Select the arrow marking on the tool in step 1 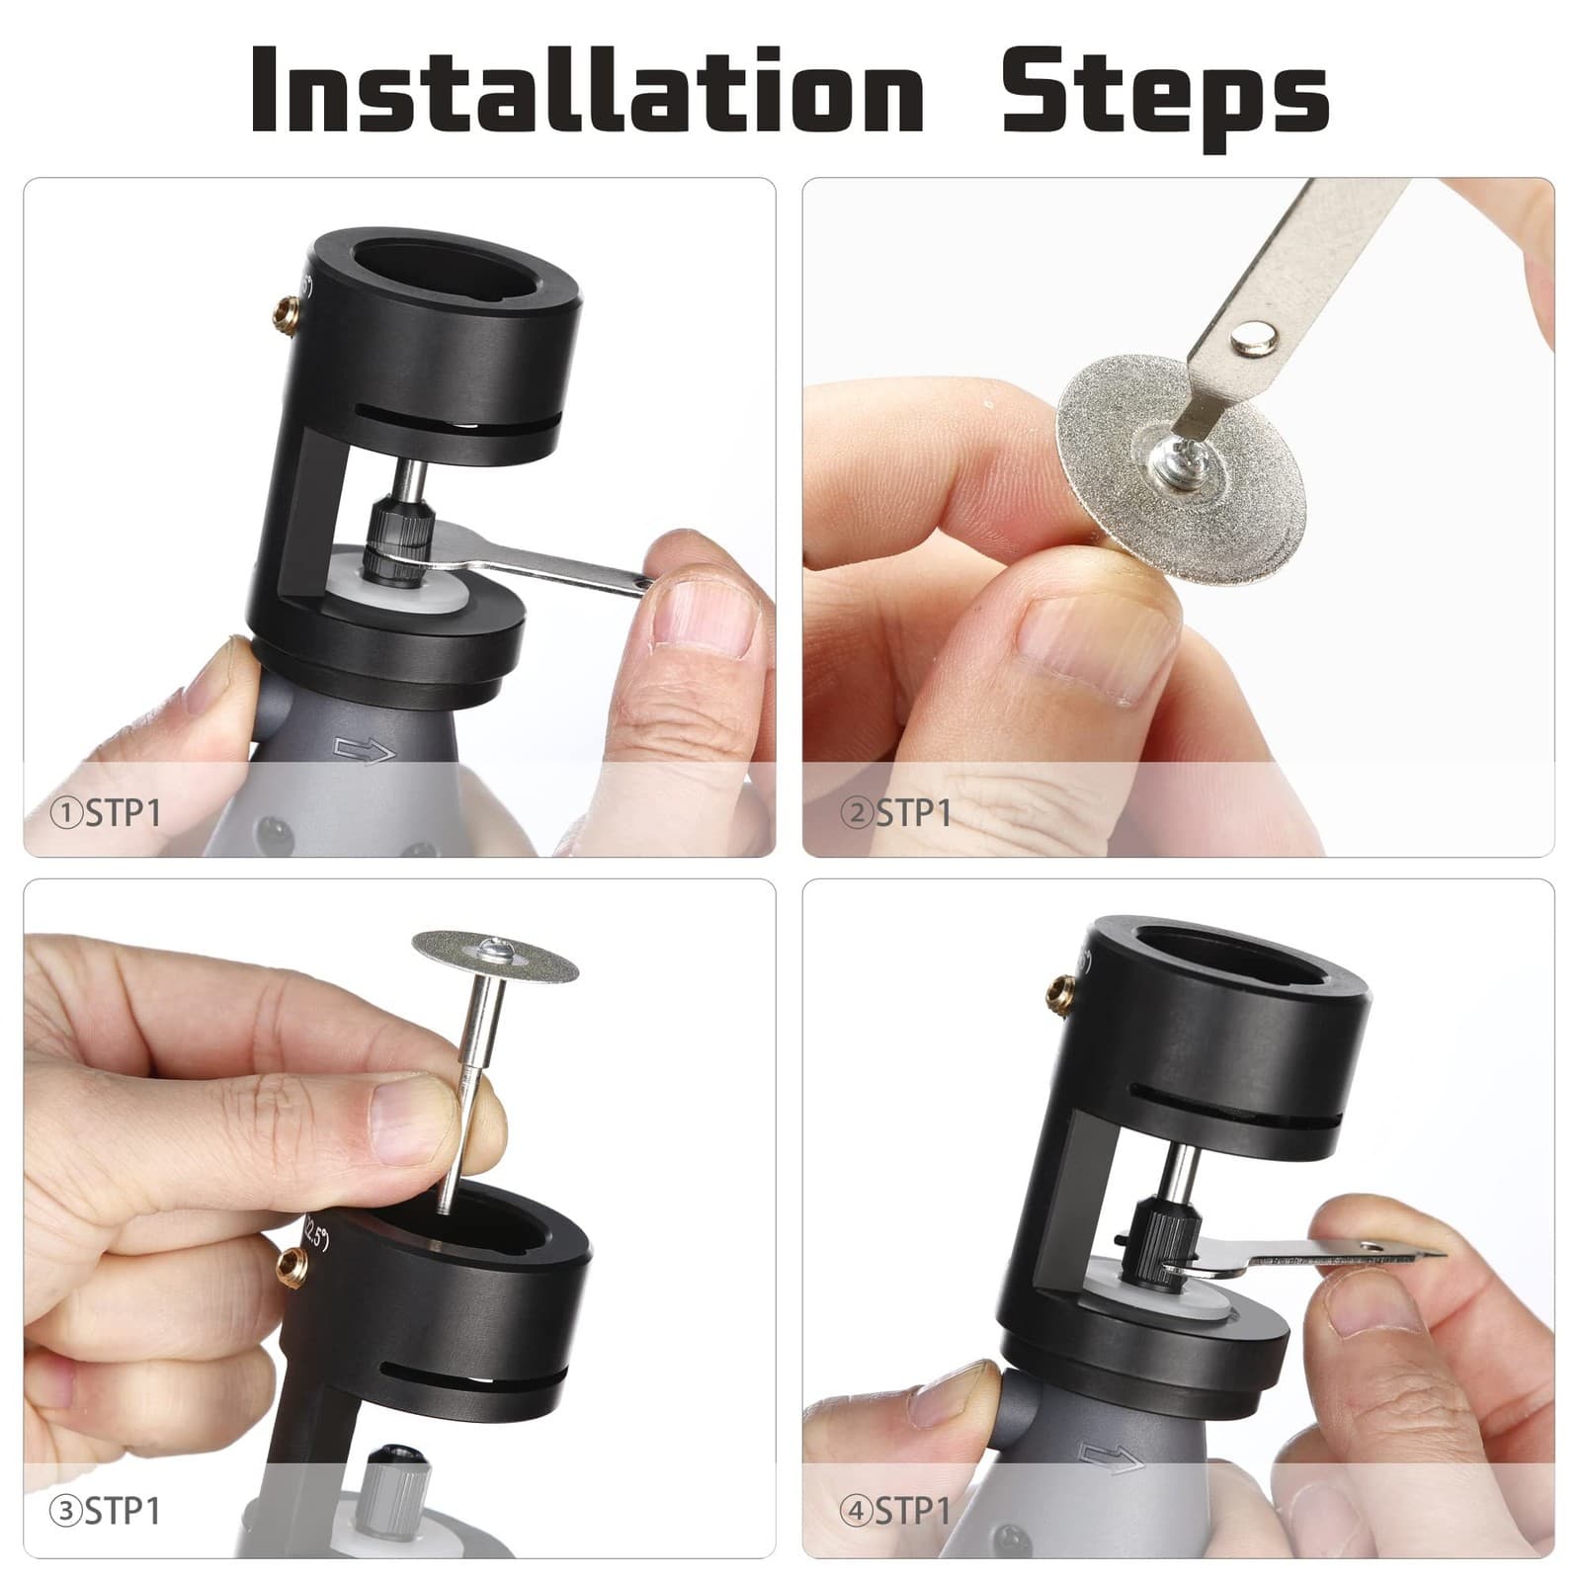point(365,752)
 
